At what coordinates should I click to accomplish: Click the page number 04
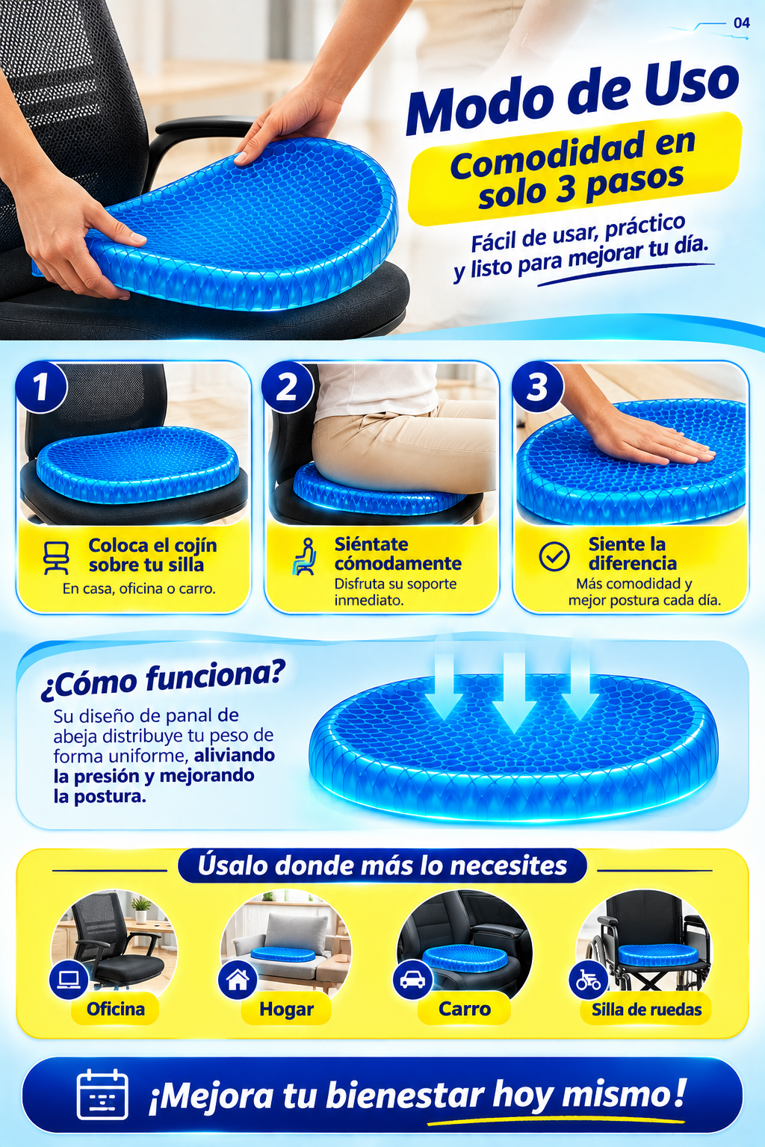741,23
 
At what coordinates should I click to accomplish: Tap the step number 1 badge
42,387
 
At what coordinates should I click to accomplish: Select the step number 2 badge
288,387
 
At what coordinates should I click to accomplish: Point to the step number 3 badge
537,387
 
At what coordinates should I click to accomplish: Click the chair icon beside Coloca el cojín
56,558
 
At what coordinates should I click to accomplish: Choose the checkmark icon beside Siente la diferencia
554,556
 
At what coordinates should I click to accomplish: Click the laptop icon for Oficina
68,979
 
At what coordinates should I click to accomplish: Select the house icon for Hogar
238,979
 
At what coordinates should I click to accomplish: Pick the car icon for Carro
412,979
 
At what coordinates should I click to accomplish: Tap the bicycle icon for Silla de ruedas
588,980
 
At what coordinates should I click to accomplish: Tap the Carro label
465,1008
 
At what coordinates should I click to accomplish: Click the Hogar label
286,1009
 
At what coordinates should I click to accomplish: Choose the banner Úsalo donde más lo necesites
382,866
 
